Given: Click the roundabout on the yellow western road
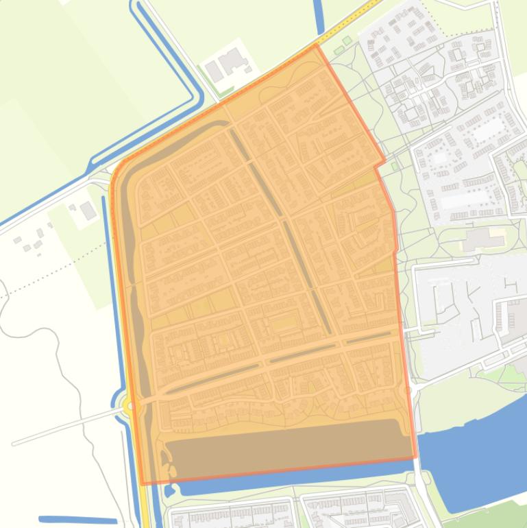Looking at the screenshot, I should coord(128,407).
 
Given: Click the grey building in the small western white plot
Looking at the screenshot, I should coord(88,211).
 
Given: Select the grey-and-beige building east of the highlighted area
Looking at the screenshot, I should coord(483,239).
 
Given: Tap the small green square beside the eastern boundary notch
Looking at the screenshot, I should coord(393,165).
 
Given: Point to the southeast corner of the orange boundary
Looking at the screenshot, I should coord(415,457).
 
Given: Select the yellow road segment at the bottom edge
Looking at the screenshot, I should coord(146,507).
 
